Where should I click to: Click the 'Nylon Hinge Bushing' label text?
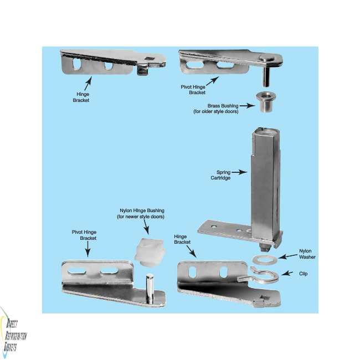142,214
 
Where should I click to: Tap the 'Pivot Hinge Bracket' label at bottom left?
84,235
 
